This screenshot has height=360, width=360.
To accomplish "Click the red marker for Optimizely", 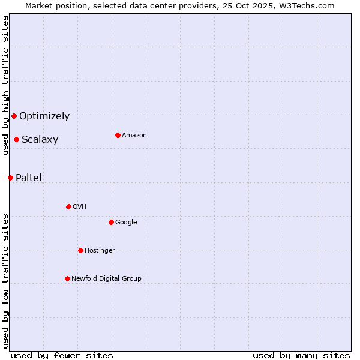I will pos(14,116).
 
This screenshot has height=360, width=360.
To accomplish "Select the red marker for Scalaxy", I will pos(16,139).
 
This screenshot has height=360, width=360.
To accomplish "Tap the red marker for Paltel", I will pos(10,178).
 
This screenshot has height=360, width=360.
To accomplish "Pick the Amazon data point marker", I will pos(118,135).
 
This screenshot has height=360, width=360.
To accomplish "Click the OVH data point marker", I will pos(68,206).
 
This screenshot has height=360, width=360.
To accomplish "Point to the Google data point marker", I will pos(111,222).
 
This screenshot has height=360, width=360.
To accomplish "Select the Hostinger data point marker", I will pos(80,250).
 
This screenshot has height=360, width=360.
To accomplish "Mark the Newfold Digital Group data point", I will pos(67,278).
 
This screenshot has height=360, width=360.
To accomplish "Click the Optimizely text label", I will pos(44,116).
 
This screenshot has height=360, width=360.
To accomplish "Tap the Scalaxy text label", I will pos(40,140).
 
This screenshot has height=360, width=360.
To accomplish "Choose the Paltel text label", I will pos(28,178).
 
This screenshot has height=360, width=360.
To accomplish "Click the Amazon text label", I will pos(134,136).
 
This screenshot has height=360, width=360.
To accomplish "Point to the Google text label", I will pos(126,223).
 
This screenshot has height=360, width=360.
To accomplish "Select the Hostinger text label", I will pos(100,251).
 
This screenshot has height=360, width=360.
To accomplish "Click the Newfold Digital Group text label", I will pos(106,279).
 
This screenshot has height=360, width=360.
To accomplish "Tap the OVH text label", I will pos(79,207).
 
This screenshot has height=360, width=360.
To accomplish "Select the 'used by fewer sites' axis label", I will pos(62,355).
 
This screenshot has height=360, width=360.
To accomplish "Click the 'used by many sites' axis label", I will pos(301,355).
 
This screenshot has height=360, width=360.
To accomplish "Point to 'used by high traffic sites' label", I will pos(5,85).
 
